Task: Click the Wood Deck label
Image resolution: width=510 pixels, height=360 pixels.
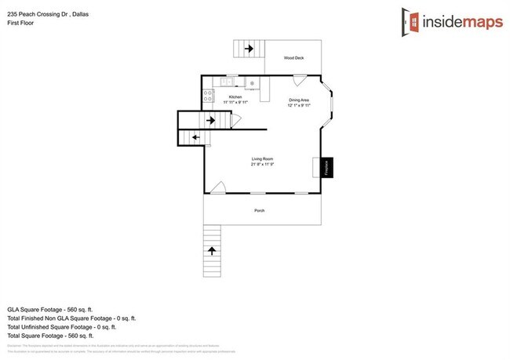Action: (294, 58)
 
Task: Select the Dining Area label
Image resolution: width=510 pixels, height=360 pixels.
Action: (298, 100)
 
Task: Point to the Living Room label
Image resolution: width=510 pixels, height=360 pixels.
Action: (262, 159)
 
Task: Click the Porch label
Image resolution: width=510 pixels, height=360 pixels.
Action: (259, 211)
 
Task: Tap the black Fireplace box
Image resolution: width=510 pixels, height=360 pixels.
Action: (328, 167)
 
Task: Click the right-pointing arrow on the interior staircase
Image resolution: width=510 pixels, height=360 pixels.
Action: (211, 120)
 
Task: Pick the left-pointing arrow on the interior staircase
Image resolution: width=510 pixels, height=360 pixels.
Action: (195, 138)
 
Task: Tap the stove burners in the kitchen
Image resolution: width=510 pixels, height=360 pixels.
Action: (209, 96)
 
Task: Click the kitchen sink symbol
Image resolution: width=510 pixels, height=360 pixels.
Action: (228, 81)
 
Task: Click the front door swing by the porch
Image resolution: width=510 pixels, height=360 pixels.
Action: (219, 187)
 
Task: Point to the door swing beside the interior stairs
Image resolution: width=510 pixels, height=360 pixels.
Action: (235, 121)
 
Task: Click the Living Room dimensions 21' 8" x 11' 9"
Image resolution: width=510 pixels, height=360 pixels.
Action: (262, 165)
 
